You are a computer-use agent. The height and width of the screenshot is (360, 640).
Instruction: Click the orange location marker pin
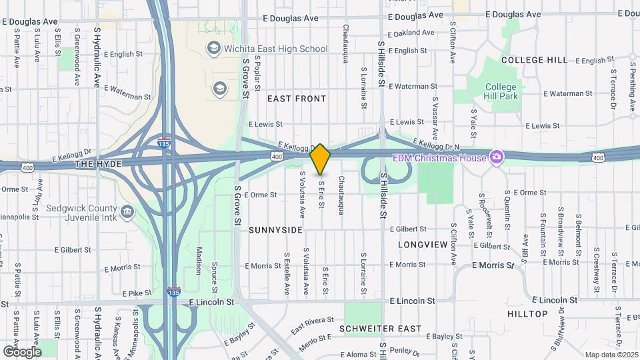pyautogui.click(x=321, y=159)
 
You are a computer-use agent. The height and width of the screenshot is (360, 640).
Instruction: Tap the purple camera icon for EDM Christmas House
pyautogui.click(x=496, y=157)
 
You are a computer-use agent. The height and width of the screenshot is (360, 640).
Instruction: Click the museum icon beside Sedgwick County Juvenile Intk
pyautogui.click(x=128, y=212)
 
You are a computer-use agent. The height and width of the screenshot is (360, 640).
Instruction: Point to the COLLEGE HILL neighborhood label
pyautogui.click(x=535, y=60)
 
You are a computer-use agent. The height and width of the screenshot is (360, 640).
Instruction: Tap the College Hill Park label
pyautogui.click(x=501, y=91)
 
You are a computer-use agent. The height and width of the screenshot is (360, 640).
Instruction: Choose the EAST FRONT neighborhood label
pyautogui.click(x=297, y=99)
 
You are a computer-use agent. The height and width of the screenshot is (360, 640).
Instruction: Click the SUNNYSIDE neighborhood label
pyautogui.click(x=275, y=230)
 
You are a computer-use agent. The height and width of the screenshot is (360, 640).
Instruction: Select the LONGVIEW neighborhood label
pyautogui.click(x=423, y=245)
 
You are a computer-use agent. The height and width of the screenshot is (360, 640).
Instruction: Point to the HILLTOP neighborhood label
pyautogui.click(x=527, y=313)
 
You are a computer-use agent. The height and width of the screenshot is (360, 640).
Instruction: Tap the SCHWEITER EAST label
pyautogui.click(x=380, y=329)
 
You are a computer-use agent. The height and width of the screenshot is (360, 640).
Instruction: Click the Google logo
pyautogui.click(x=22, y=351)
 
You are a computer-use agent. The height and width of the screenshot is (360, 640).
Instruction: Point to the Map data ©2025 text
pyautogui.click(x=611, y=355)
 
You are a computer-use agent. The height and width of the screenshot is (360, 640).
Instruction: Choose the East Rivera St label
pyautogui.click(x=311, y=323)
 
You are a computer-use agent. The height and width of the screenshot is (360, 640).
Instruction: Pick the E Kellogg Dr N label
pyautogui.click(x=437, y=143)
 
